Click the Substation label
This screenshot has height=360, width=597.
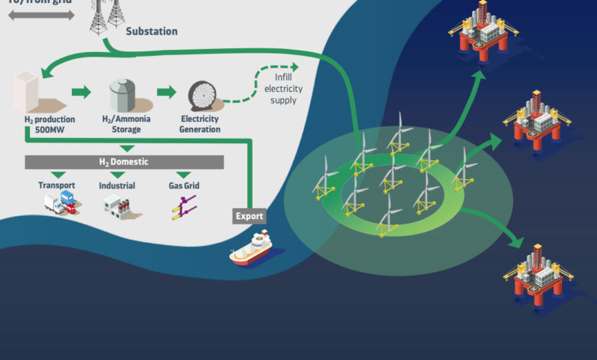click(x=152, y=31)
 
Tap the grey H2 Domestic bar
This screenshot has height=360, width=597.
click(x=125, y=162)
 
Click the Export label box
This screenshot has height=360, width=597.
click(x=250, y=216)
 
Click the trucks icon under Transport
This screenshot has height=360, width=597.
click(x=58, y=202)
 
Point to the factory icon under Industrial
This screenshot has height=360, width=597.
click(x=118, y=204)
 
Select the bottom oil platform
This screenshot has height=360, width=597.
click(x=538, y=277)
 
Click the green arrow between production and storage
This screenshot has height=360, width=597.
click(x=80, y=93)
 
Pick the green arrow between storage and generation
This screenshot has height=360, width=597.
click(x=166, y=93)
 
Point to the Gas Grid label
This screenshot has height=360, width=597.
click(x=184, y=185)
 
